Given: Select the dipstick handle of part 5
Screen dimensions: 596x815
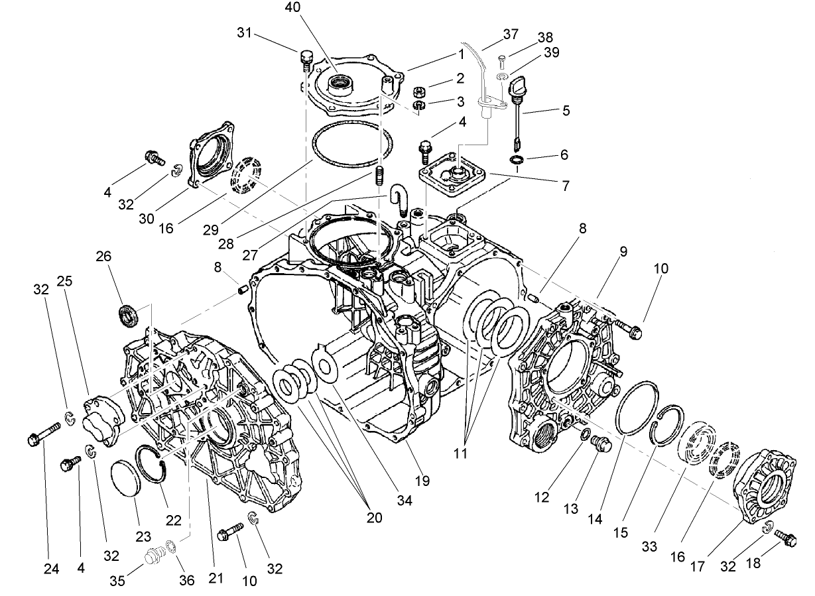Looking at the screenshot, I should click(x=517, y=87).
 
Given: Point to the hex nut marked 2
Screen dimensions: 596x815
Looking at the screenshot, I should click(x=419, y=91).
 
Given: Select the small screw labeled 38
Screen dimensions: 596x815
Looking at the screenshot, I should click(x=502, y=62).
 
